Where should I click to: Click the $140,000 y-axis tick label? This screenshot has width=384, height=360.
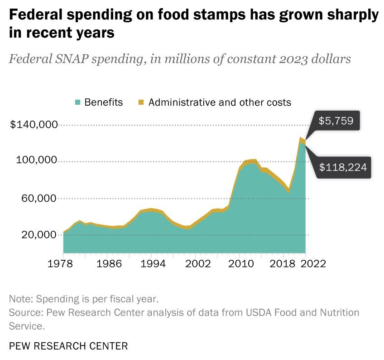pos(34,124)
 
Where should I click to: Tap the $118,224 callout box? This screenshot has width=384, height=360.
pos(342,167)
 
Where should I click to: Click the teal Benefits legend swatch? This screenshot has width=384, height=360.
pos(77,102)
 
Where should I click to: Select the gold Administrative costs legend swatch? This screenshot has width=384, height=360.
pos(141,102)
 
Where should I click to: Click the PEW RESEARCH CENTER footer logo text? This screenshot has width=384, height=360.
pos(68,346)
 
